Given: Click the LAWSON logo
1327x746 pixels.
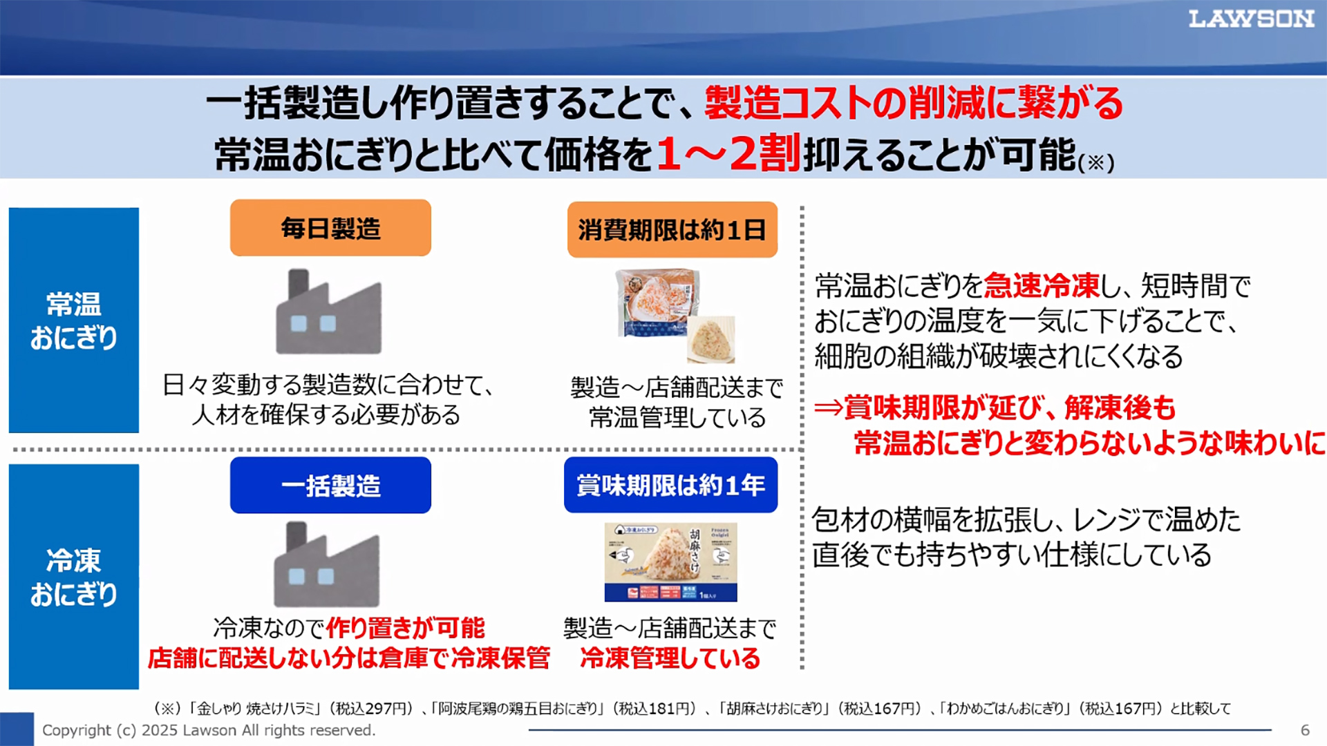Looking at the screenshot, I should point(1251,19).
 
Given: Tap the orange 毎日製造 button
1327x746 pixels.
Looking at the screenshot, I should point(330,228).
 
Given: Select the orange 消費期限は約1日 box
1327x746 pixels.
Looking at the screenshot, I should point(672,229).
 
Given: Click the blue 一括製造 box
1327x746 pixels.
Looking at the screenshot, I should point(330,485).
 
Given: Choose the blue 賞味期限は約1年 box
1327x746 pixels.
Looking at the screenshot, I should point(670,485).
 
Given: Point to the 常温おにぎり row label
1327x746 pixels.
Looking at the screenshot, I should point(74,321).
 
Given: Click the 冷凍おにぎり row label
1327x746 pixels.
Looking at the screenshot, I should point(74,577).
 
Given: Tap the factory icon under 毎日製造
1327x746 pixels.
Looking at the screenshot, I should point(328,312).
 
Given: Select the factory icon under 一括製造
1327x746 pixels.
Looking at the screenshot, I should point(326,565).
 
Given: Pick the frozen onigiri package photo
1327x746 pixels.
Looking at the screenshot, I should point(670,562).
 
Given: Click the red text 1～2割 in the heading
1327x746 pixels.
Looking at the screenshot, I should point(727,153).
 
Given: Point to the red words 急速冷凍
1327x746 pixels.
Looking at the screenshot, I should point(1041,285).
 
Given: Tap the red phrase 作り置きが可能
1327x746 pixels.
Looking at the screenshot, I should point(405,628).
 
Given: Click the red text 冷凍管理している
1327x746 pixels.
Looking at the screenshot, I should point(670,658).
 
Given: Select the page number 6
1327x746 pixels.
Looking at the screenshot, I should point(1305,730).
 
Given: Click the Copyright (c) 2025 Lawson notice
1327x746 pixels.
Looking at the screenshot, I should point(209,730).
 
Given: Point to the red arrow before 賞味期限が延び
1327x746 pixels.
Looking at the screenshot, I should point(828,408).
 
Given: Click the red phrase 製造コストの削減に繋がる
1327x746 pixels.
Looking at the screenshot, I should point(914,104).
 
